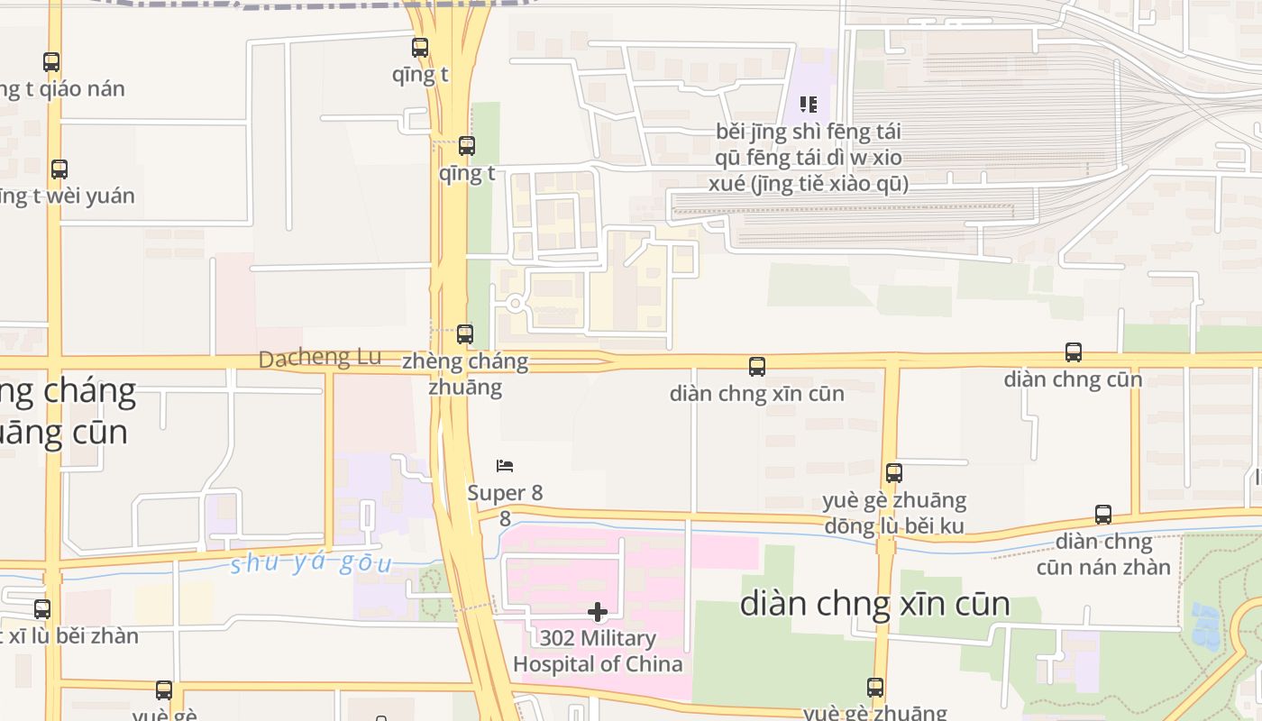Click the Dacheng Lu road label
coord(320,358)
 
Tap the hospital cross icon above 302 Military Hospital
coord(597,613)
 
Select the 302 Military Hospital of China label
coord(598,652)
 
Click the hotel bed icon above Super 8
coord(505,466)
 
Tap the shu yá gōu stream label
coord(311,564)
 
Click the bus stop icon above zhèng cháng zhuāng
coord(465,334)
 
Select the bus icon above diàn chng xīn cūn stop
coord(757,367)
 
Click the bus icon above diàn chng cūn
coord(1073,352)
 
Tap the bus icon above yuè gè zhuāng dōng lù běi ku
coord(894,473)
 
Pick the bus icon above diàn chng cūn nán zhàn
coord(1103,515)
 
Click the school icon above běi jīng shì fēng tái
coord(809,105)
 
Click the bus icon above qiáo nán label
coord(51,62)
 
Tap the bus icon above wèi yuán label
coord(59,169)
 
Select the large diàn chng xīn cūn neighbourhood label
coord(874,604)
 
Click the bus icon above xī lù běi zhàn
coord(42,609)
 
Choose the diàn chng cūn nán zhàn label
coord(1103,554)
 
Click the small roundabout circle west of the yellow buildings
coord(516,304)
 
